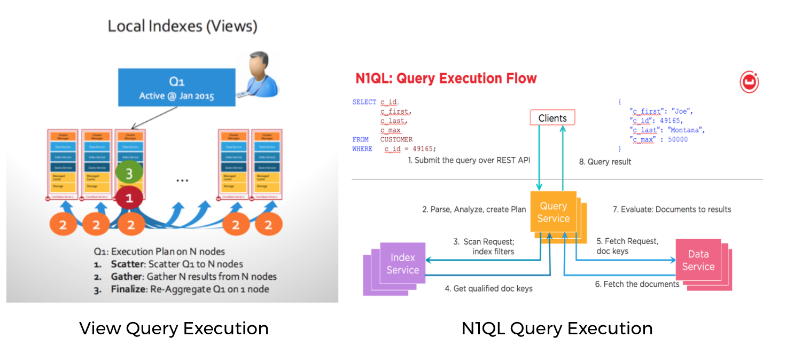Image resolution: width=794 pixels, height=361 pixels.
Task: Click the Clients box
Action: (x=552, y=117)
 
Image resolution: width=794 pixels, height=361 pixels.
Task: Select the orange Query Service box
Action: (x=553, y=212)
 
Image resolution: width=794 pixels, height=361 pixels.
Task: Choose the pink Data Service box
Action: (x=698, y=261)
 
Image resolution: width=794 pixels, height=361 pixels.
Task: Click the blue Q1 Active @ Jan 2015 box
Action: (x=176, y=87)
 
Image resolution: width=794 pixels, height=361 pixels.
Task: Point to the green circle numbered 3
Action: (x=129, y=172)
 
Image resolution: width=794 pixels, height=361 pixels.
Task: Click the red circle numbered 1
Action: (x=129, y=198)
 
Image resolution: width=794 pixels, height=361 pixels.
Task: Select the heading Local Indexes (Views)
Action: (x=182, y=26)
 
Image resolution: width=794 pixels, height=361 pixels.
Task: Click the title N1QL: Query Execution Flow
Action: (x=446, y=79)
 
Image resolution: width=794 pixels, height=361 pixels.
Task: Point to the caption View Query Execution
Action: (x=174, y=328)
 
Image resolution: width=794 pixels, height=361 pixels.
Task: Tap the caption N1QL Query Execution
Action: (x=557, y=328)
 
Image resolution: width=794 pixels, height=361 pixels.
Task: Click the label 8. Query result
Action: (x=605, y=161)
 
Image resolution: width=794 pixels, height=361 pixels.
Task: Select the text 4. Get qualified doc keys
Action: (x=488, y=288)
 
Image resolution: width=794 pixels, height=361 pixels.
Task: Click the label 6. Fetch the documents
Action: (x=637, y=284)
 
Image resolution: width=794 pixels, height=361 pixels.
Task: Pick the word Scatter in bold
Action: (x=128, y=264)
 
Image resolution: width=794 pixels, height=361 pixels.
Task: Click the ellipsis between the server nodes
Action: (x=182, y=180)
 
